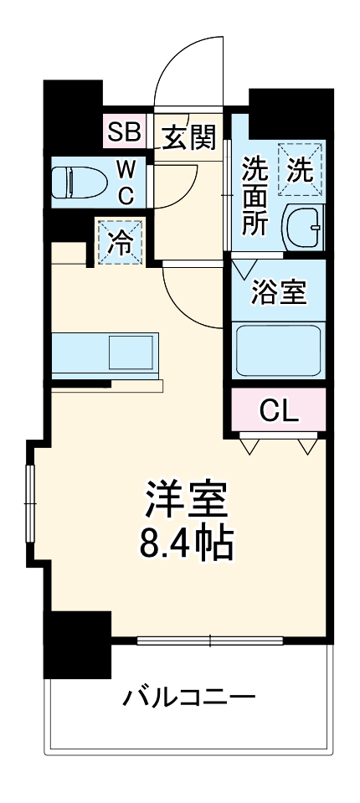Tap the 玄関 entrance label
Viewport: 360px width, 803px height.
pos(188,136)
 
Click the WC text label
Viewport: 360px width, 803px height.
pos(125,183)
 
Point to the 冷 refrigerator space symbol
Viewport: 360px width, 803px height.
pos(121,241)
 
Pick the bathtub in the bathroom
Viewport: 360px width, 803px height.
pos(278,351)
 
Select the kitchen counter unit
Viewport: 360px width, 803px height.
pos(105,356)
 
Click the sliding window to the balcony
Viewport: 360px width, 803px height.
pos(209,642)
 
